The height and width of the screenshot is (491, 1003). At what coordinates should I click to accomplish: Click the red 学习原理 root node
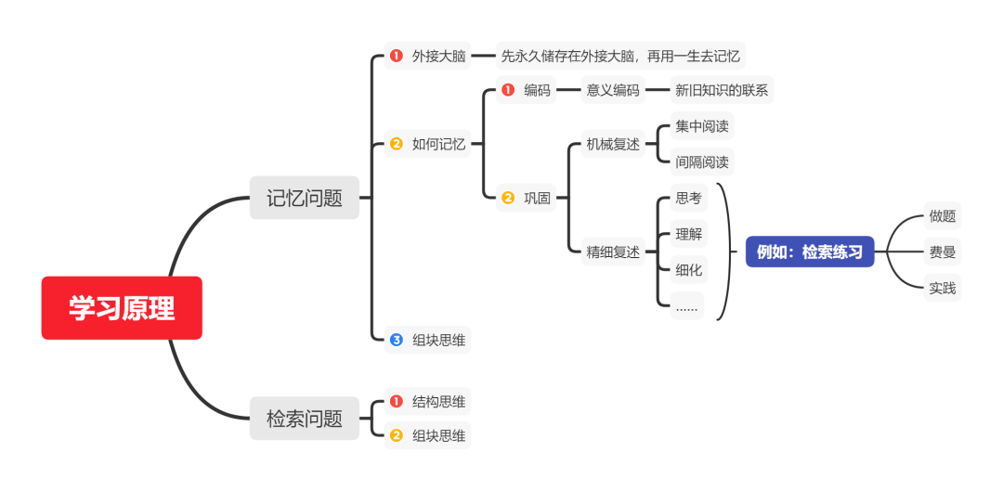pos(122,308)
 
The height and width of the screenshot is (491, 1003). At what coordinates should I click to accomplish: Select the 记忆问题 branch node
pos(304,198)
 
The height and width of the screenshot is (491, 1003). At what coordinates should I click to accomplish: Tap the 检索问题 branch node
pos(304,419)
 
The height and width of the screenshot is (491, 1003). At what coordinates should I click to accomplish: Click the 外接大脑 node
pos(438,56)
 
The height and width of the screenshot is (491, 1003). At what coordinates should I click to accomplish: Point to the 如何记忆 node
pos(438,144)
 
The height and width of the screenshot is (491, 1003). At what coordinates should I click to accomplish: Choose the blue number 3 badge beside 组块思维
pos(397,341)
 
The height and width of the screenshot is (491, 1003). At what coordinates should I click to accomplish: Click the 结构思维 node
pos(438,402)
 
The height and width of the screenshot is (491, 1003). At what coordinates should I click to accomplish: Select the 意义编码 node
pos(612,91)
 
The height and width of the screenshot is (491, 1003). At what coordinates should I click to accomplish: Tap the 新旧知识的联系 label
pos(722,91)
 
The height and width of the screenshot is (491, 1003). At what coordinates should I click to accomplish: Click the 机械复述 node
pos(612,145)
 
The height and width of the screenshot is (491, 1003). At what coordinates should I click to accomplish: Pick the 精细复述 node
pos(612,252)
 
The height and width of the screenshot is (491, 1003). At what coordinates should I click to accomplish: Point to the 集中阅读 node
pos(701,126)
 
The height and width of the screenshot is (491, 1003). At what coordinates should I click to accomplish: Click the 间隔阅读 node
pos(701,162)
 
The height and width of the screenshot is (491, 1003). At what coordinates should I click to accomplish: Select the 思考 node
pos(688,198)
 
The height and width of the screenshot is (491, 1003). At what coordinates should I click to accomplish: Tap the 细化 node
pos(688,270)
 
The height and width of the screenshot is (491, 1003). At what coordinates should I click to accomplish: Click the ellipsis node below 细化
pos(687,305)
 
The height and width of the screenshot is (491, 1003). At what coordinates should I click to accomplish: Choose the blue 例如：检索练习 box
pos(810,252)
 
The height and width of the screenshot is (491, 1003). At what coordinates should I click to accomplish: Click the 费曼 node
pos(942,252)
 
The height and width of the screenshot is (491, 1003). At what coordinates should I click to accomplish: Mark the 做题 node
pos(942,216)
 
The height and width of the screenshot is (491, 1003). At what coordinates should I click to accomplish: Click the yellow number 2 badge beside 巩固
pos(508,198)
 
